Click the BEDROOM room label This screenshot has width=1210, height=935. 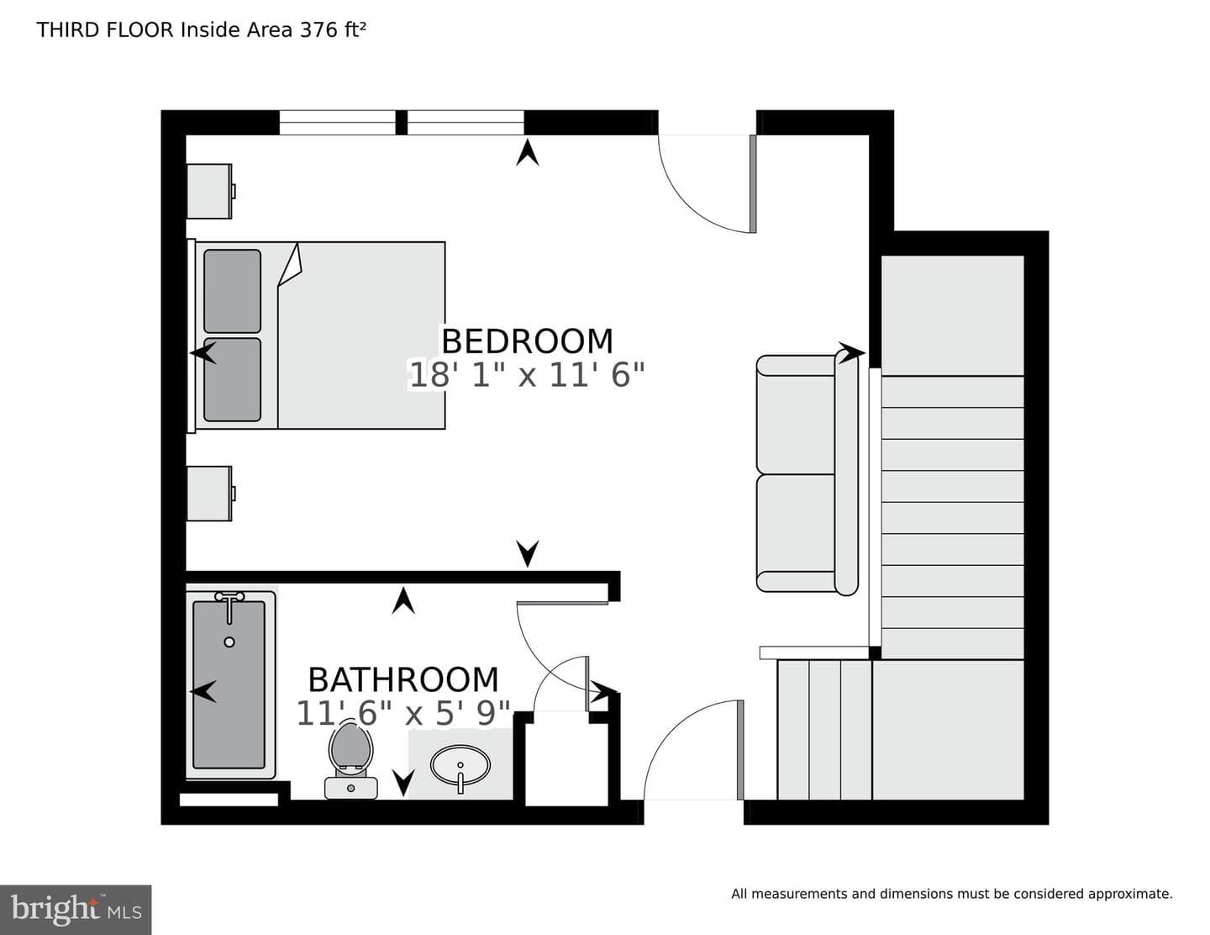[x=527, y=341]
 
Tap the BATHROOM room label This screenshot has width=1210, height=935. [x=403, y=679]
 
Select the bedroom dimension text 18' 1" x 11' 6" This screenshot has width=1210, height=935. [x=527, y=374]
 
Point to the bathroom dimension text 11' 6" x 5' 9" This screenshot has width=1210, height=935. [x=403, y=714]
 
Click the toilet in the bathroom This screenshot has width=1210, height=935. [x=350, y=760]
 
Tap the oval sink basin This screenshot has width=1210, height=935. [x=460, y=766]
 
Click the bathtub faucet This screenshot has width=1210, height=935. [x=229, y=605]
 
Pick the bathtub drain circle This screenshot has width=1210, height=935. [x=229, y=642]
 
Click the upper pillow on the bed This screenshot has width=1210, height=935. [x=232, y=291]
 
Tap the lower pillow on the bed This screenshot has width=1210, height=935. [x=232, y=379]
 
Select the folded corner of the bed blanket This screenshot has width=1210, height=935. [x=290, y=265]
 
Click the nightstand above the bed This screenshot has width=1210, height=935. [x=209, y=191]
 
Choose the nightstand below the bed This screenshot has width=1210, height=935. [x=209, y=494]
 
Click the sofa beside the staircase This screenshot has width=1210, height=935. [x=808, y=475]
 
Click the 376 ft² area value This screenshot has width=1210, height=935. [x=333, y=29]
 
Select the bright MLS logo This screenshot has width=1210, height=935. [x=76, y=910]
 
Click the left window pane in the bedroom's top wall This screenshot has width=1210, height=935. [x=338, y=123]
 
